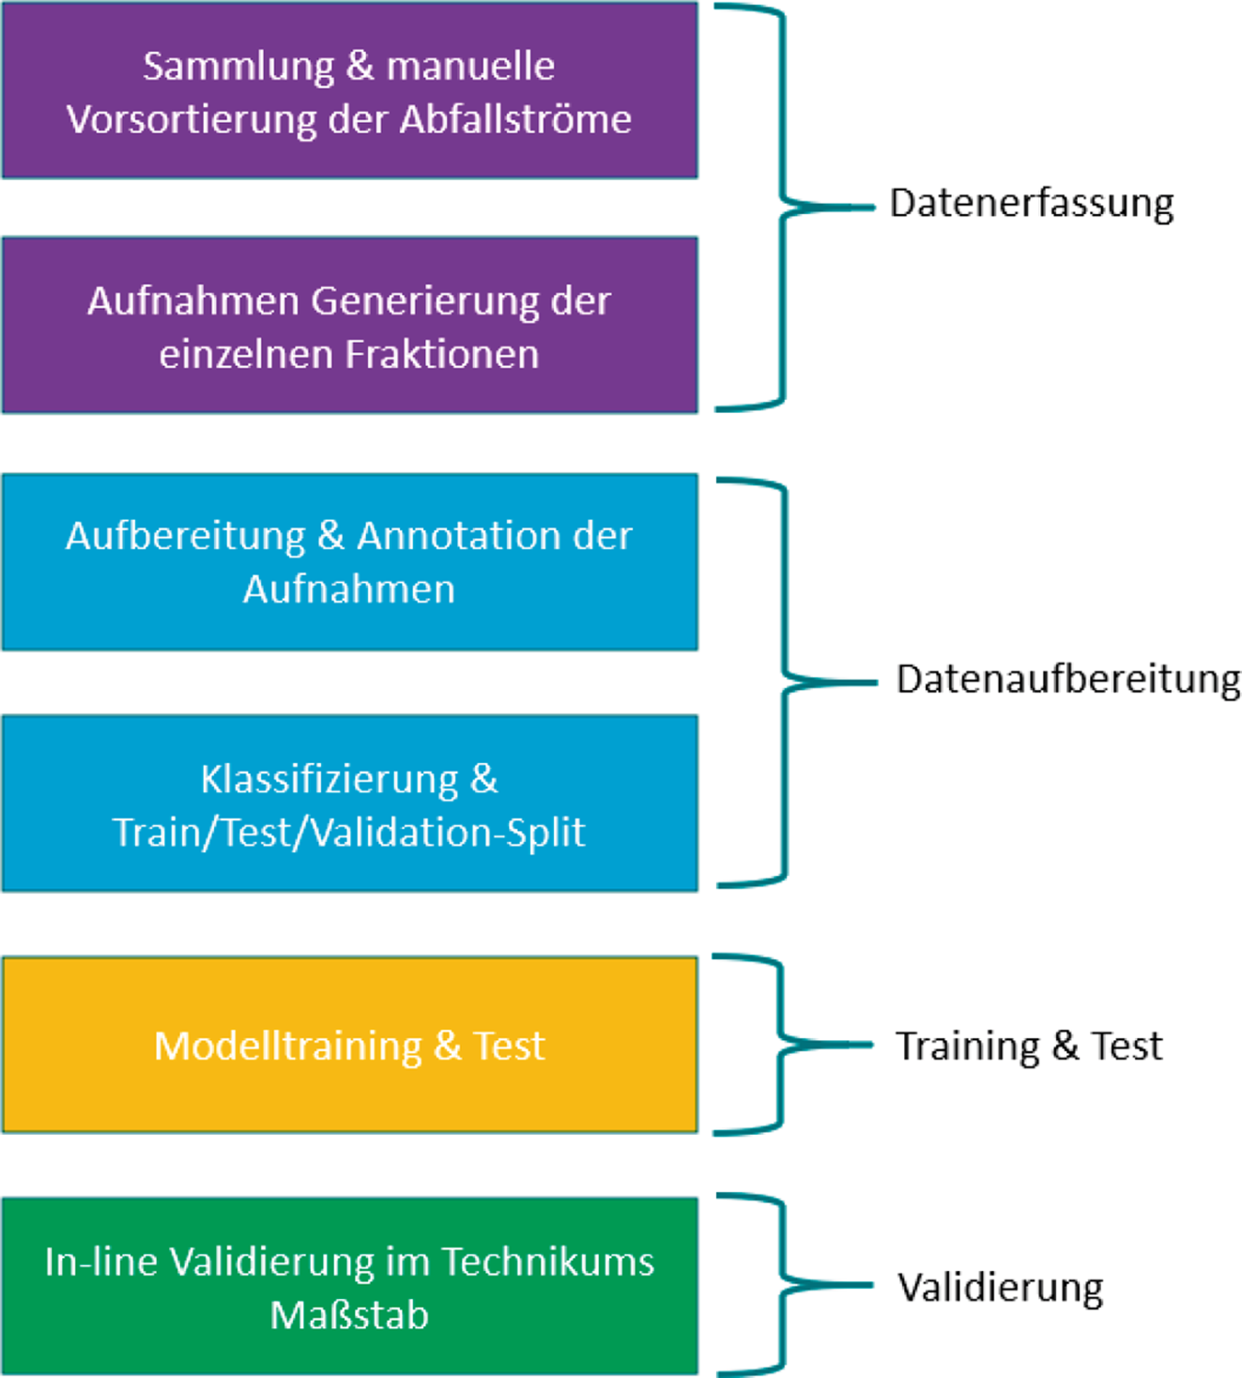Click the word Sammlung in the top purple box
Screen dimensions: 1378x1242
click(x=238, y=67)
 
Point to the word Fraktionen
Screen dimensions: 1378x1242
click(x=442, y=355)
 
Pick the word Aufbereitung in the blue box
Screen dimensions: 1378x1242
click(x=185, y=536)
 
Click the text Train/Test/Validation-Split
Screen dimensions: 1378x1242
click(x=349, y=833)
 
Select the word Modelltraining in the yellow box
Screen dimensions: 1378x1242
click(x=288, y=1046)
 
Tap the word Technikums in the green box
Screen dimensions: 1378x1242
click(x=547, y=1262)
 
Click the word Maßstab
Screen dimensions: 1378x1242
click(x=349, y=1315)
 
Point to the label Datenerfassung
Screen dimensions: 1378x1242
click(x=1032, y=204)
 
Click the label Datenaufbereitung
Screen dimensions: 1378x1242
click(x=1068, y=680)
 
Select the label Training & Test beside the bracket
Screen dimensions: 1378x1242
click(x=1029, y=1046)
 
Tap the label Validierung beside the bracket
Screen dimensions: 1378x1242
click(x=1001, y=1287)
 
